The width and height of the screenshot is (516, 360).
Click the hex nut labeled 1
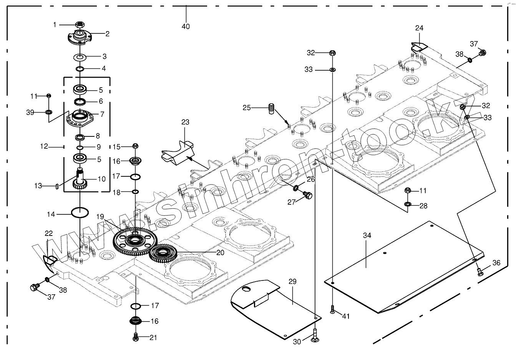pyautogui.click(x=80, y=25)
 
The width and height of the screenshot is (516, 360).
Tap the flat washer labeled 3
pyautogui.click(x=80, y=56)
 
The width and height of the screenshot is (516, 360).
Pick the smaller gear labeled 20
pyautogui.click(x=163, y=254)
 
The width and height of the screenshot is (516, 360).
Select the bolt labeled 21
pyautogui.click(x=136, y=337)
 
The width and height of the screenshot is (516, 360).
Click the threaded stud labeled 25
pyautogui.click(x=272, y=109)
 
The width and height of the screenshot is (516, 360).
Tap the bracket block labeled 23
pyautogui.click(x=178, y=152)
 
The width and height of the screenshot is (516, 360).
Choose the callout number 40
pyautogui.click(x=186, y=27)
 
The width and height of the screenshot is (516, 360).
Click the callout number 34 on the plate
pyautogui.click(x=367, y=236)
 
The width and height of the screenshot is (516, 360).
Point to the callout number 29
pyautogui.click(x=292, y=282)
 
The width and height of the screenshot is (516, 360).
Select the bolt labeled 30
pyautogui.click(x=315, y=335)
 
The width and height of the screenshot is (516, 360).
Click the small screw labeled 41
pyautogui.click(x=332, y=309)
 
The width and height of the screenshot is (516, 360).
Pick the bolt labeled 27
pyautogui.click(x=307, y=195)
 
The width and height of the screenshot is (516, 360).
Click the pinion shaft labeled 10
pyautogui.click(x=80, y=179)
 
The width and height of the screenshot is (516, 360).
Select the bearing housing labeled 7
pyautogui.click(x=80, y=118)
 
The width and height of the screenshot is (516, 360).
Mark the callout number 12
pyautogui.click(x=44, y=146)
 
